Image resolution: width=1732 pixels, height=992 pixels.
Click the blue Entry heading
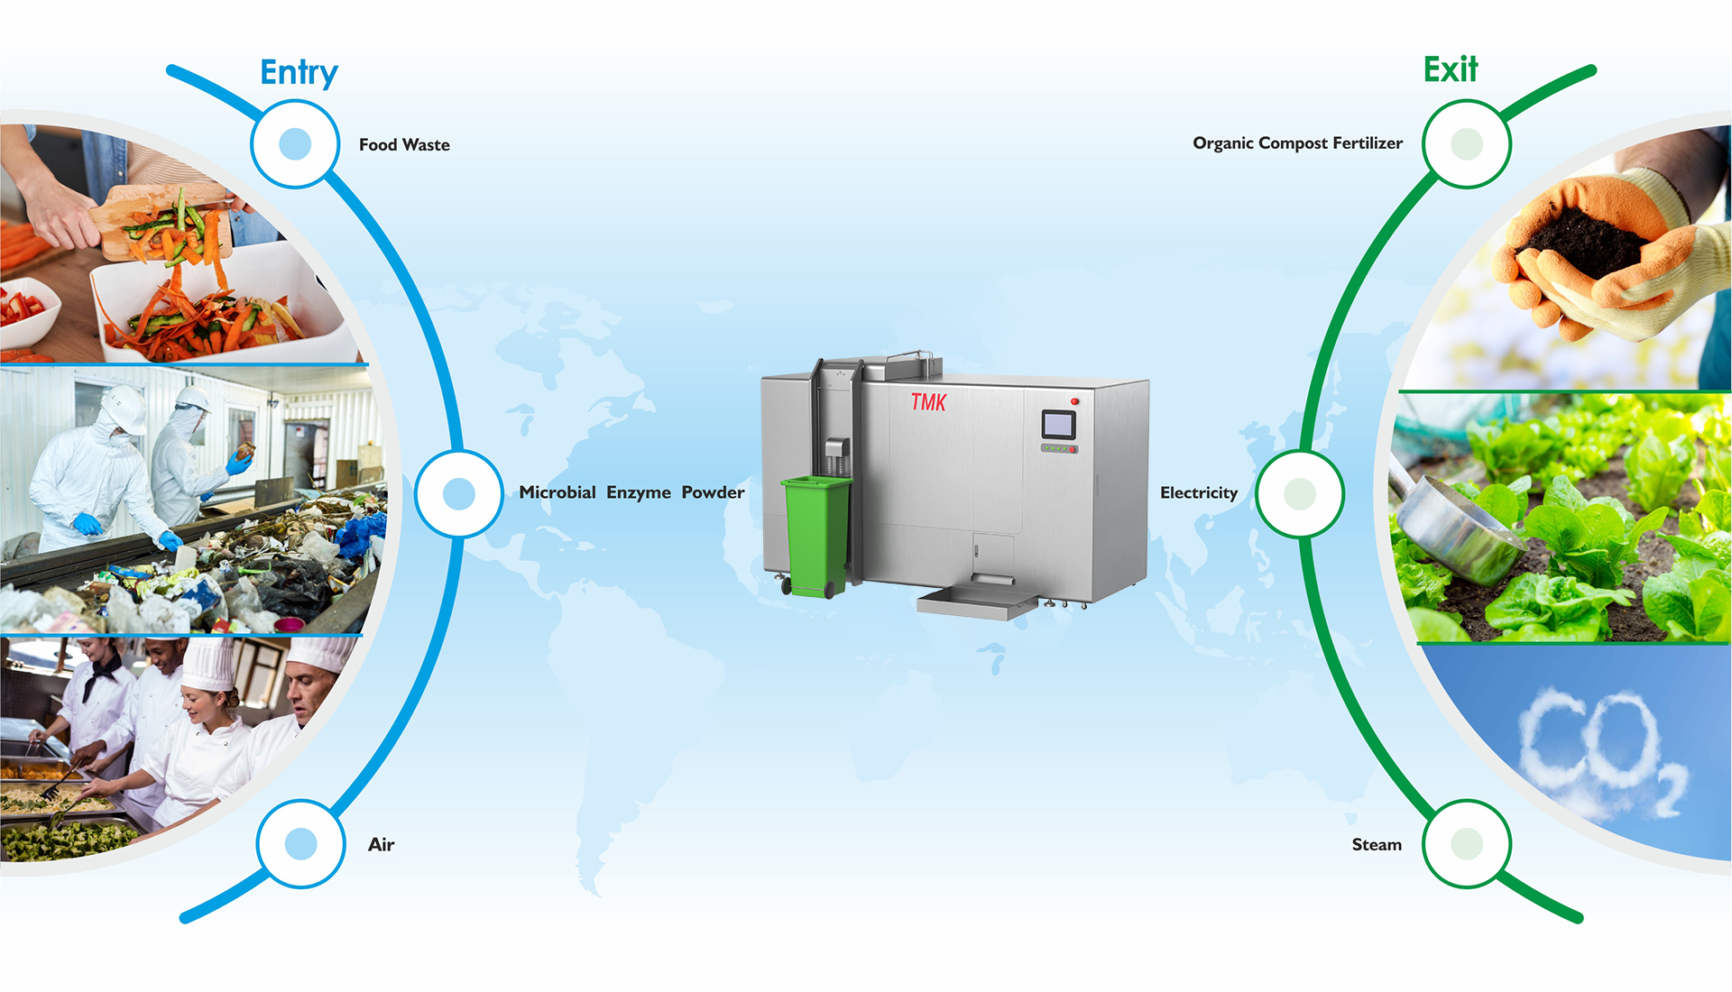[x=299, y=72]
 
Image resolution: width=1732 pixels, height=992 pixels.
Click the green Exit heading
[x=1451, y=69]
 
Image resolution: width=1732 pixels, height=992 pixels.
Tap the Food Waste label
[x=404, y=145]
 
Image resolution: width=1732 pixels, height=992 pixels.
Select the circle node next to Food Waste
[x=295, y=144]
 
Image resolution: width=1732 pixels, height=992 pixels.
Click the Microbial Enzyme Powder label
[x=631, y=492]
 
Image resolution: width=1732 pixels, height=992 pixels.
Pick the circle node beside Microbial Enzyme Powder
[x=459, y=494]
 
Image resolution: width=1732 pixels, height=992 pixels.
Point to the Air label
[x=381, y=845]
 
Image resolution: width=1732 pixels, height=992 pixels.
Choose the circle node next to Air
[x=300, y=844]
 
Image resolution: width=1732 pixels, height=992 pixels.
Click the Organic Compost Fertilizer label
[x=1297, y=143]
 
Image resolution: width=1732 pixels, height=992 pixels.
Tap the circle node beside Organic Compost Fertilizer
[x=1466, y=144]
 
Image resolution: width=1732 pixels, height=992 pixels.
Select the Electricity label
[x=1198, y=493]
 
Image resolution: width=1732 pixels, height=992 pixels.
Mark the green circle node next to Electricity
[x=1299, y=494]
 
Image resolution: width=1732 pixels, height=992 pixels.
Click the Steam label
[x=1376, y=845]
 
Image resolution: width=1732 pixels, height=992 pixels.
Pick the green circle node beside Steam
[x=1466, y=844]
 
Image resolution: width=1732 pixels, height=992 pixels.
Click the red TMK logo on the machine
[x=928, y=402]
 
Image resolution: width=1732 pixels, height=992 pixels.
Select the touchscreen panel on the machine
[x=1058, y=424]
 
